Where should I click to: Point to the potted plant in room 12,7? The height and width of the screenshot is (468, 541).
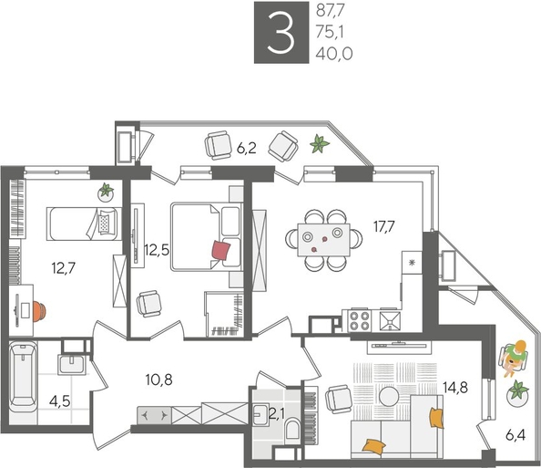(x=107, y=192)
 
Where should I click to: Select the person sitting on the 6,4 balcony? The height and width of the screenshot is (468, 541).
(x=516, y=354)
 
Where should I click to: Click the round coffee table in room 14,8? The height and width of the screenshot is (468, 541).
(x=391, y=396)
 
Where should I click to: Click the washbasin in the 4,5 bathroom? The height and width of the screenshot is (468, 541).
(x=71, y=365)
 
